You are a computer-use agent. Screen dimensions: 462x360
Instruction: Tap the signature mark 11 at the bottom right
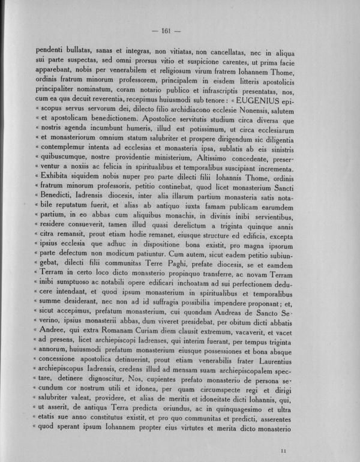tap(283, 449)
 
